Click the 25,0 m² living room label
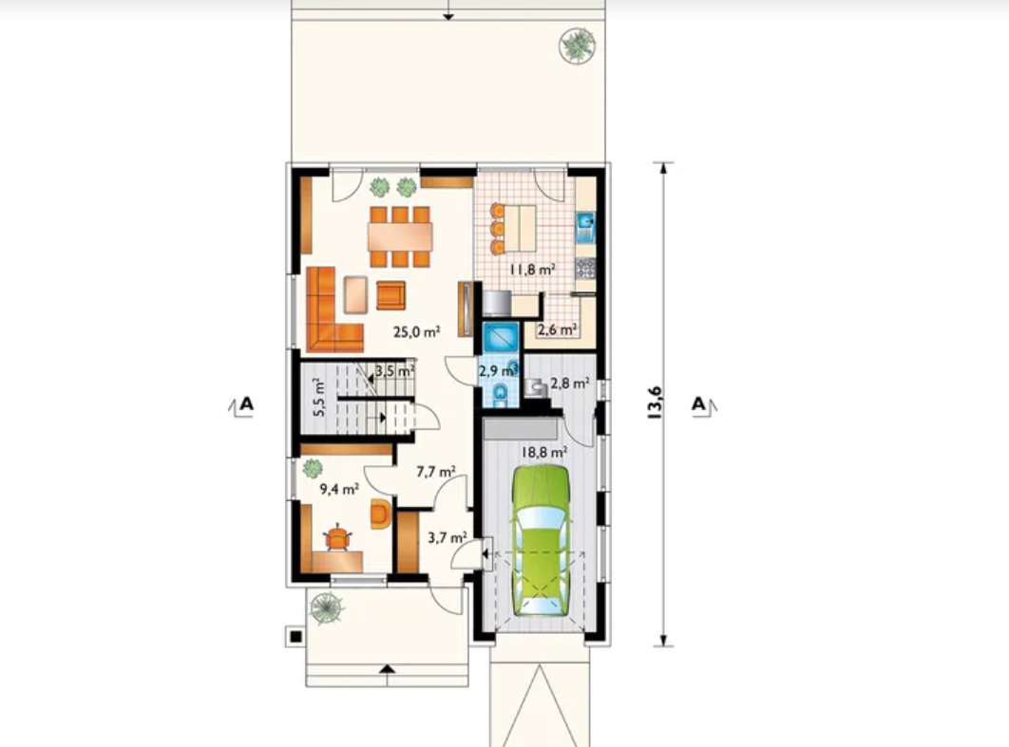click(416, 331)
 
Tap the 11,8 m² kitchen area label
click(533, 270)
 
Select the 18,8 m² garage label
click(543, 452)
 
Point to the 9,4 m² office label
click(339, 489)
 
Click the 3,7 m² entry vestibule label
click(447, 537)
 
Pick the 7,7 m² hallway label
click(436, 472)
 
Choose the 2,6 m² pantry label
click(558, 329)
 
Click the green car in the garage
click(542, 540)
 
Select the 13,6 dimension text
click(655, 403)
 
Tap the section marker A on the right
click(699, 404)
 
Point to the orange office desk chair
click(337, 538)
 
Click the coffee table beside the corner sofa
click(356, 294)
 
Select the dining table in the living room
click(400, 236)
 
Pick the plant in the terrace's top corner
click(578, 46)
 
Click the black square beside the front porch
click(295, 637)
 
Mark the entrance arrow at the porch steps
click(387, 668)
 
